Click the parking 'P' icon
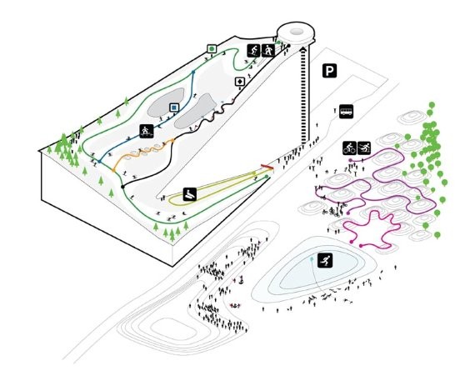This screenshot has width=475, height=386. click(330, 71)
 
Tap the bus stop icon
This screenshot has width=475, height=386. click(346, 111)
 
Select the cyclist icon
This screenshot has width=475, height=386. click(350, 148)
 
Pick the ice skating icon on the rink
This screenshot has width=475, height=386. click(325, 260)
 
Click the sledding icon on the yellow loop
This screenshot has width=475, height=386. click(190, 194)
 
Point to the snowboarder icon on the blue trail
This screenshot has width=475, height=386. click(147, 131)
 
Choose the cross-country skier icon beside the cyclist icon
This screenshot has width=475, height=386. click(364, 148)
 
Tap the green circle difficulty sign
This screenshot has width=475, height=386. click(212, 48)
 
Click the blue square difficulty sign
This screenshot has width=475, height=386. click(174, 108)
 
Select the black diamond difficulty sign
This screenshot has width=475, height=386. click(240, 82)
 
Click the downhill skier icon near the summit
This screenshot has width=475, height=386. click(254, 50)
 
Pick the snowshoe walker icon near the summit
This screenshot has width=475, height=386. click(268, 50)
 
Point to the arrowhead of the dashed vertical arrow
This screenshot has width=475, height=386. click(304, 50)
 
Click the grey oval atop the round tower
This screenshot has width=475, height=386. click(297, 31)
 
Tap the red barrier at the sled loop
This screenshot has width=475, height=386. click(267, 166)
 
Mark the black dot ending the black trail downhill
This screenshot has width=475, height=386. click(122, 187)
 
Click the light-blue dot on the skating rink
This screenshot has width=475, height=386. click(312, 258)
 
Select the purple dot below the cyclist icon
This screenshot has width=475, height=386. click(351, 160)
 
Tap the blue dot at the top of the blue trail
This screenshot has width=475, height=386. click(193, 72)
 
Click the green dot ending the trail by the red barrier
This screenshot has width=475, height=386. click(267, 177)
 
